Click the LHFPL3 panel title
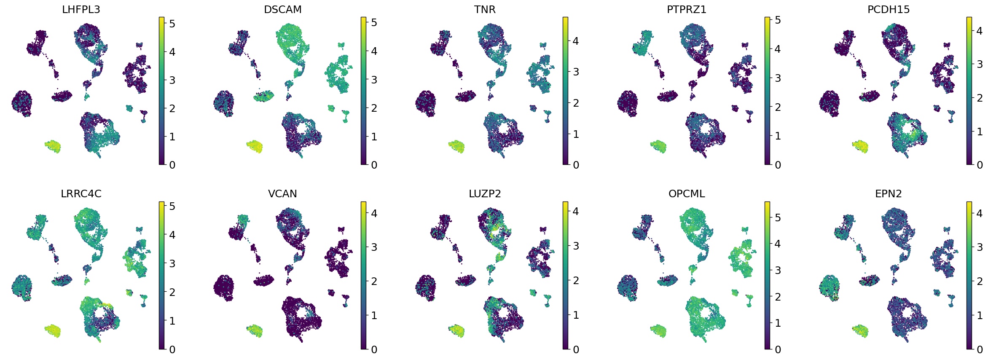81,9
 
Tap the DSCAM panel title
282,9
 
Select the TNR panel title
484,9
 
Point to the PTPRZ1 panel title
686,9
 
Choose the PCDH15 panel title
888,9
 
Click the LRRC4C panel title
81,194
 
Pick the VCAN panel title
282,194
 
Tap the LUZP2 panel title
484,194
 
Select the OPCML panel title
686,194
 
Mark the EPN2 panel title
888,194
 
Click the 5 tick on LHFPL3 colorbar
172,24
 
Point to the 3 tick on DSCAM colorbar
374,80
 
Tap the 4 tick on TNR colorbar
576,41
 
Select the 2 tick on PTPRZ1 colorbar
778,107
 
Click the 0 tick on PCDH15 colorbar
980,165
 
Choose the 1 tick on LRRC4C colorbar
172,321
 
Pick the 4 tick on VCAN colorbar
374,213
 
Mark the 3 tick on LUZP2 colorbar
576,246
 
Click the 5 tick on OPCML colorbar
778,218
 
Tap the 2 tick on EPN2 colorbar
980,281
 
